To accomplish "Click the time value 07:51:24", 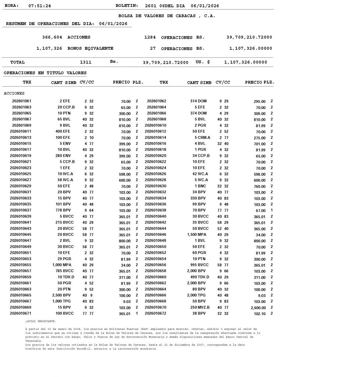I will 40,6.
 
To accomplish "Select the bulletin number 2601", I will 151,6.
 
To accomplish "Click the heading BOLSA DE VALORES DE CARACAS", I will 167,16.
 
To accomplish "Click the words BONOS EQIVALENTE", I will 90,48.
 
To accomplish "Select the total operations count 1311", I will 85,62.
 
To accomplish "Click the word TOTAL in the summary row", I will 17,62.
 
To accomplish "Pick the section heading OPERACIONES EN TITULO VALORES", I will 45,73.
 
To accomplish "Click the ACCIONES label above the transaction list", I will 14,93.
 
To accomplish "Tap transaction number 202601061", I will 22,101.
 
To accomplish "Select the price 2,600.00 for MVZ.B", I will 258,307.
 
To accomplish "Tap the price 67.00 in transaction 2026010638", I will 261,210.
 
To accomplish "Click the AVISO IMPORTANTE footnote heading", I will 41,321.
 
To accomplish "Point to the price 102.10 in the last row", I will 259,313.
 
